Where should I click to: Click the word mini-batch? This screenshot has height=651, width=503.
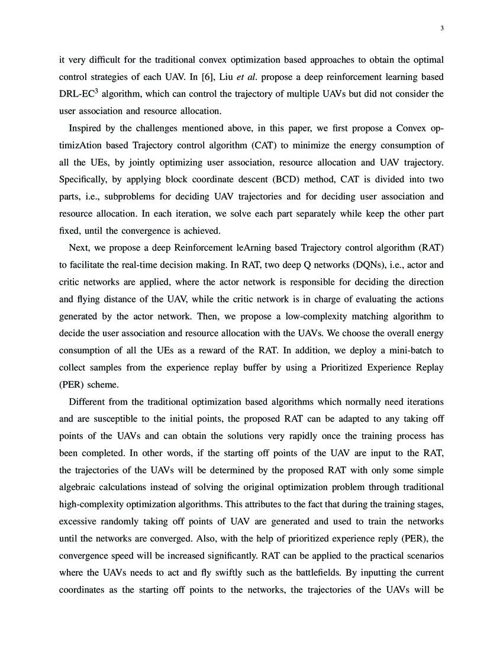pyautogui.click(x=411, y=350)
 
